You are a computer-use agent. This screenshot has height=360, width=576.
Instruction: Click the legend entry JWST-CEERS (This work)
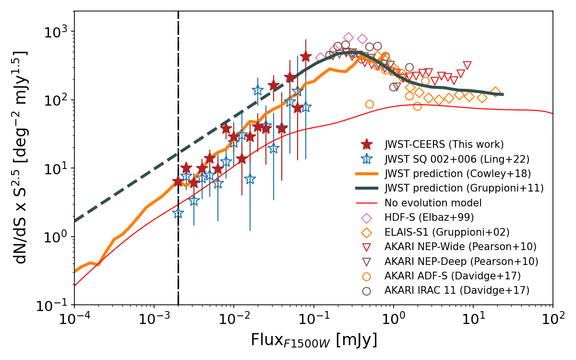tap(444, 144)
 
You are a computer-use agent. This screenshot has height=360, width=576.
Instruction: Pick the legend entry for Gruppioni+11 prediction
tap(464, 189)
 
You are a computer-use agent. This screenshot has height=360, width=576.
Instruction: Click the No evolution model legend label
tap(432, 203)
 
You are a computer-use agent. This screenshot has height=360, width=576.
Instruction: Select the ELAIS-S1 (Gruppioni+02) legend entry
tap(447, 232)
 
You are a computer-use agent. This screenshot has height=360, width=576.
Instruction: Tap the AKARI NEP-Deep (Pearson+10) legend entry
tap(461, 262)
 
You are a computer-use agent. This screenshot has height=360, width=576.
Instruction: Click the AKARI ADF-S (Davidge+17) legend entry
tap(452, 276)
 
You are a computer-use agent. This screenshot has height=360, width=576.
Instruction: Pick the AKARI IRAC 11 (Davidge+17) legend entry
tap(456, 291)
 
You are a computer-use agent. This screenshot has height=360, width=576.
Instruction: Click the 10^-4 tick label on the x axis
tap(74, 320)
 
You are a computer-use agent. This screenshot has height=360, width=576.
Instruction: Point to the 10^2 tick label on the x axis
tap(552, 320)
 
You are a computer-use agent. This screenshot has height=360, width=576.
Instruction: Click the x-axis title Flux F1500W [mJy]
tap(313, 340)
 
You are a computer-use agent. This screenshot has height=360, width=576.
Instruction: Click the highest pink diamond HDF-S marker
tap(348, 37)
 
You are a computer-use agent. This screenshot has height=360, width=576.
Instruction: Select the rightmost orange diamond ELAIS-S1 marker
tap(495, 92)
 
